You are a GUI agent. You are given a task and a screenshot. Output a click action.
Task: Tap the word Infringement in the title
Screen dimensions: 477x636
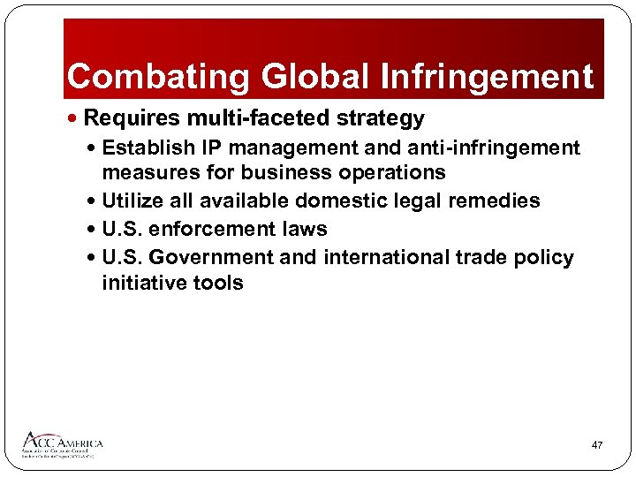click(487, 77)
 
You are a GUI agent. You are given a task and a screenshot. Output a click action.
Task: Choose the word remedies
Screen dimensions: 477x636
click(495, 201)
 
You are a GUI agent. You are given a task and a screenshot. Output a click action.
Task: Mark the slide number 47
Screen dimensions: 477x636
click(597, 445)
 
